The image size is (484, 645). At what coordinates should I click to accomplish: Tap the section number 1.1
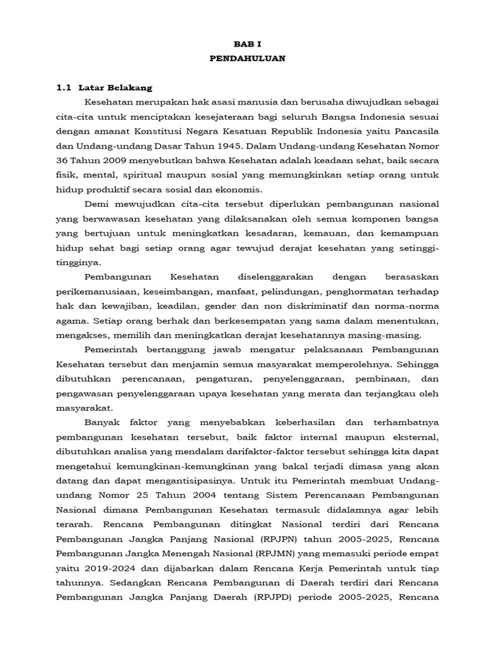pyautogui.click(x=64, y=88)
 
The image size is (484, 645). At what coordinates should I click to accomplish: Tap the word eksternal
pyautogui.click(x=412, y=437)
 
